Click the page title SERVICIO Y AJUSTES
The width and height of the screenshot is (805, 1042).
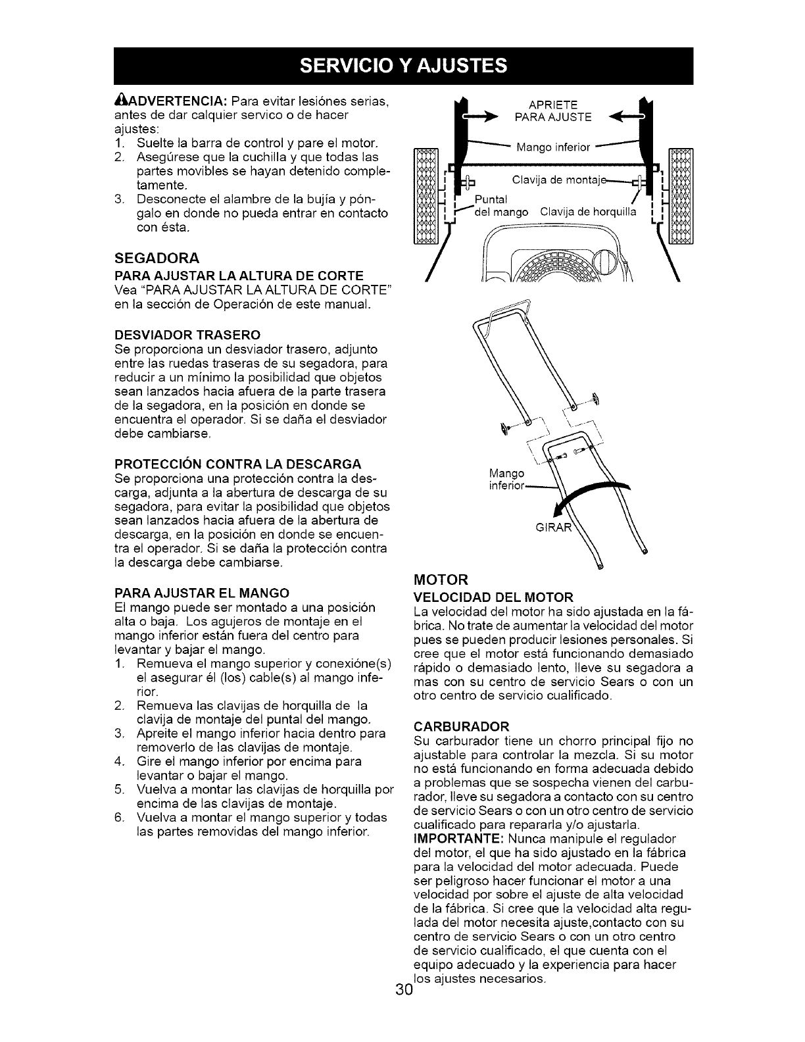pos(402,66)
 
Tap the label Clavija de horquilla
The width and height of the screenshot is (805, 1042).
pos(587,212)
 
